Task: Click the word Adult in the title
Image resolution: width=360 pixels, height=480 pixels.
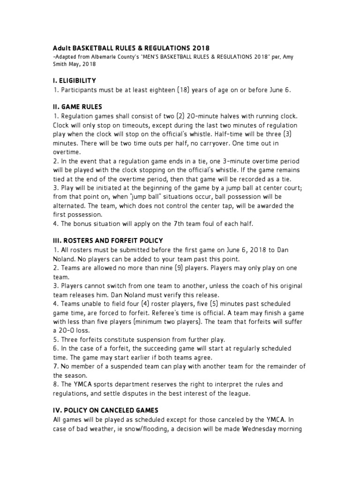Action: coord(61,48)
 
